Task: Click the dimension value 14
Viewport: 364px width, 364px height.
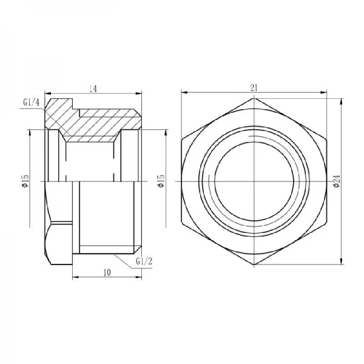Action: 93,89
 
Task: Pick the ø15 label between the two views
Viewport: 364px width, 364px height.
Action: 161,181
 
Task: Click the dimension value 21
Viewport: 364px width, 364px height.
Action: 254,88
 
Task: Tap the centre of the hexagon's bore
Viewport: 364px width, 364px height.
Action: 254,181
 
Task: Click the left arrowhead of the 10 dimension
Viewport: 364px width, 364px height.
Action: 75,278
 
